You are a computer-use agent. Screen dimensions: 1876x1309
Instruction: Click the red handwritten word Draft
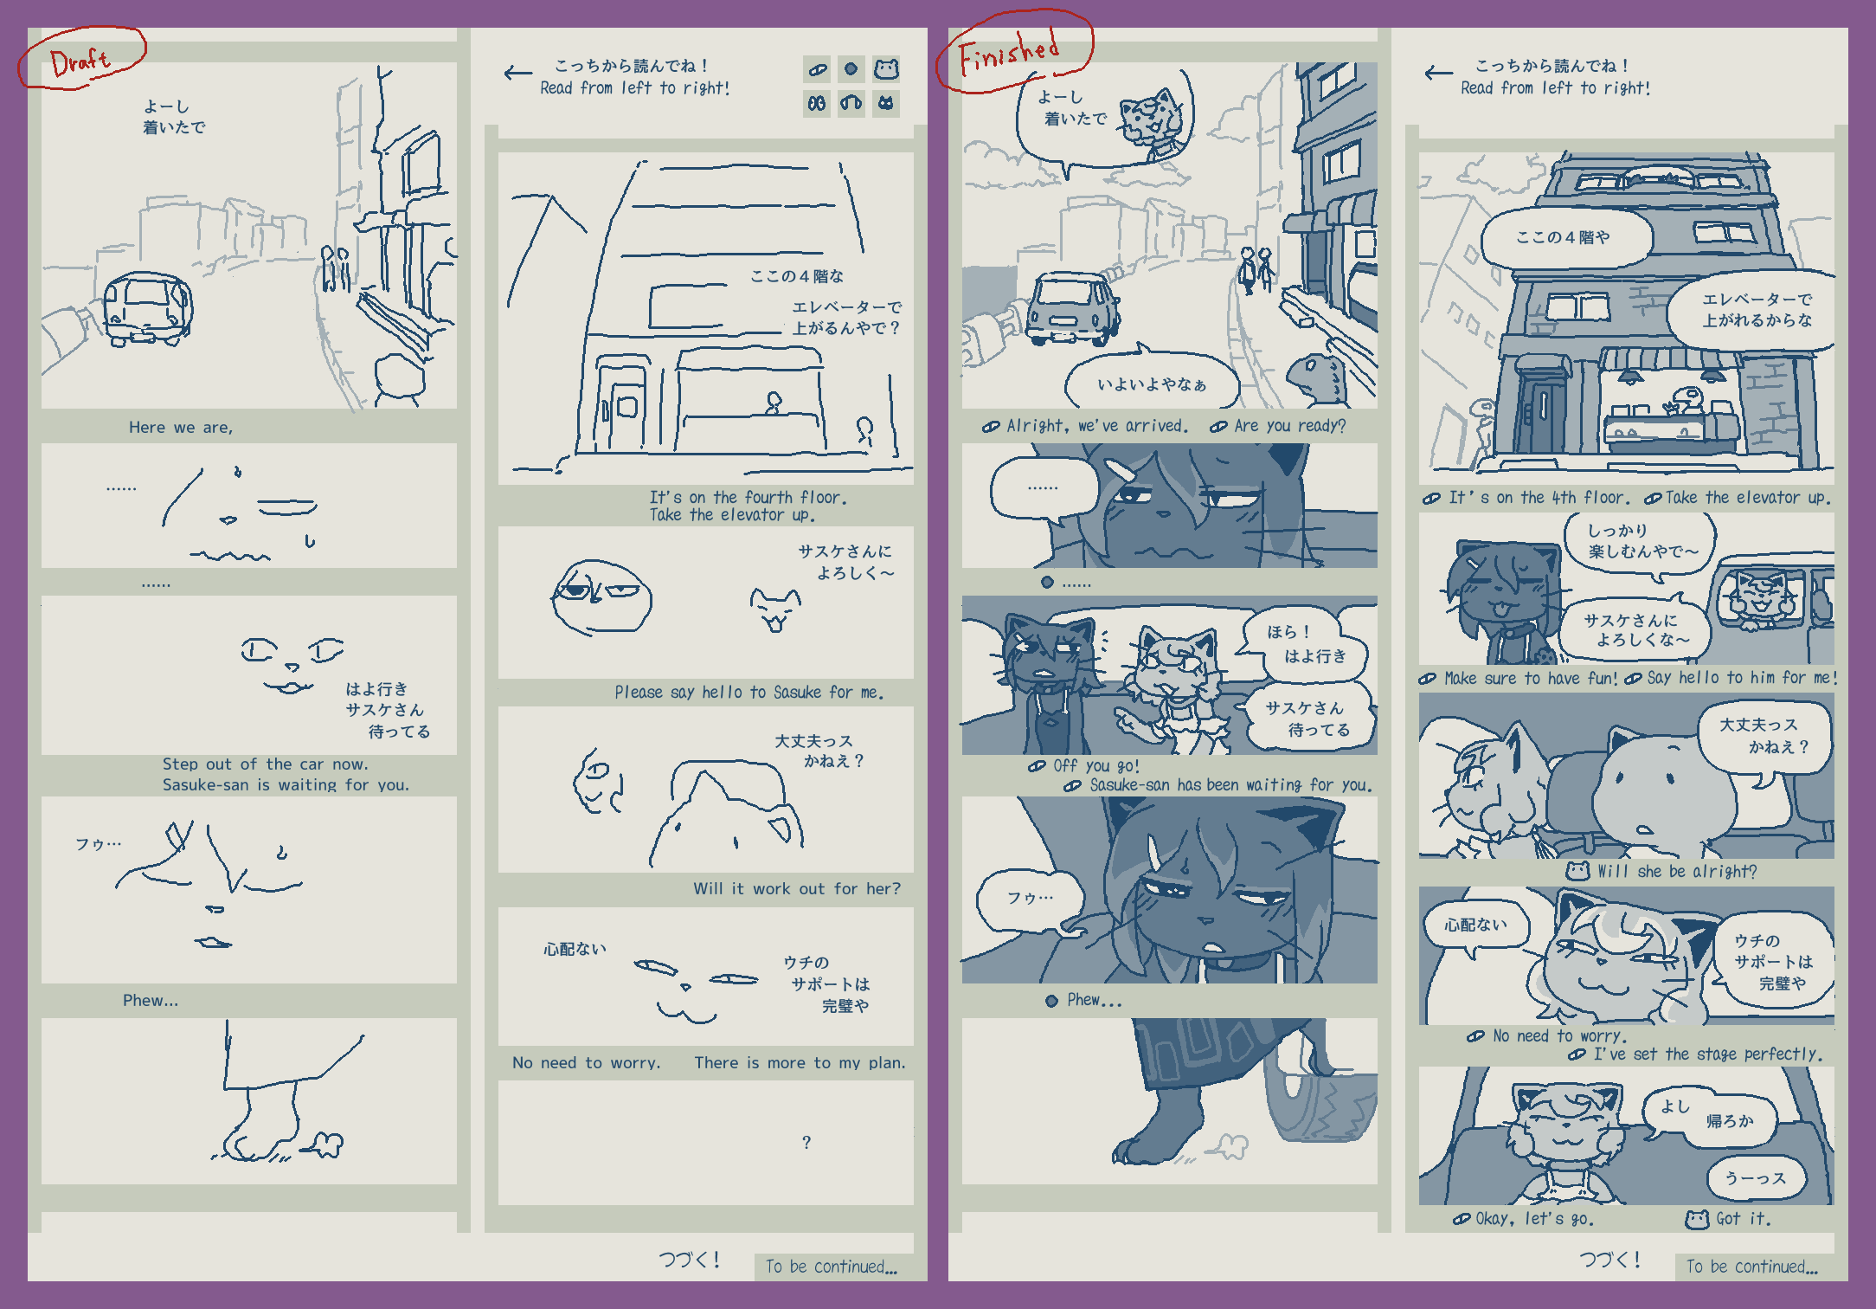click(x=80, y=61)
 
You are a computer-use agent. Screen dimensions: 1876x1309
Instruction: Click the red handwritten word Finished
click(x=1009, y=53)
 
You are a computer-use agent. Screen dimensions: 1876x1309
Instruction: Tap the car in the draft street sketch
click(x=148, y=309)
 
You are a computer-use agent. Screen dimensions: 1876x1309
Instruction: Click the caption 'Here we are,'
click(x=181, y=427)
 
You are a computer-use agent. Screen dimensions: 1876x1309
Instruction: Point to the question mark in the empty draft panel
click(x=806, y=1142)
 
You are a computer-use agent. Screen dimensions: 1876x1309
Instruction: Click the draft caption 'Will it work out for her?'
click(x=796, y=888)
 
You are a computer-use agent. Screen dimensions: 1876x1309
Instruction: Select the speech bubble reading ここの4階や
click(x=1564, y=237)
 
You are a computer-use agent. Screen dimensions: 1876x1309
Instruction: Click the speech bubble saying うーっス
click(x=1756, y=1177)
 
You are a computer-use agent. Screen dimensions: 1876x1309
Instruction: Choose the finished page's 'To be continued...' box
click(x=1752, y=1267)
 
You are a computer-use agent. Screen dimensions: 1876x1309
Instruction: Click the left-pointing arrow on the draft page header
click(x=518, y=74)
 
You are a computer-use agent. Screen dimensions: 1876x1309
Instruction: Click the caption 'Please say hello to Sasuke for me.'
click(x=749, y=692)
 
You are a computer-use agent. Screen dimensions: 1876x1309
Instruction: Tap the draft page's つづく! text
click(x=689, y=1260)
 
